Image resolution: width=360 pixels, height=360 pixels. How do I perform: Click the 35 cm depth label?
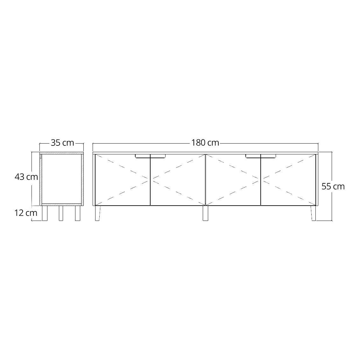pyautogui.click(x=62, y=143)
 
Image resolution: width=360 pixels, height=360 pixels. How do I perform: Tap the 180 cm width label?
pyautogui.click(x=205, y=143)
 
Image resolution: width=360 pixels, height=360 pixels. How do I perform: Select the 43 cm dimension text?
pyautogui.click(x=26, y=177)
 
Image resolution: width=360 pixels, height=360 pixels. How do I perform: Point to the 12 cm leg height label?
pyautogui.click(x=26, y=213)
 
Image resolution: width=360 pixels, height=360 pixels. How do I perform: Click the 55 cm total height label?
pyautogui.click(x=333, y=187)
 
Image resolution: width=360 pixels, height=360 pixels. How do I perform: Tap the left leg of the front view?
pyautogui.click(x=98, y=213)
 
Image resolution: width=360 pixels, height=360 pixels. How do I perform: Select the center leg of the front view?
pyautogui.click(x=206, y=213)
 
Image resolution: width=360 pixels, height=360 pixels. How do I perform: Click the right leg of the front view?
pyautogui.click(x=314, y=213)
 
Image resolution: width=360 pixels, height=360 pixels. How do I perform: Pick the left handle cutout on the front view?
pyautogui.click(x=150, y=156)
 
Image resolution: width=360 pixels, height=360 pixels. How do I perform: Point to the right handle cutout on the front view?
pyautogui.click(x=261, y=156)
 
